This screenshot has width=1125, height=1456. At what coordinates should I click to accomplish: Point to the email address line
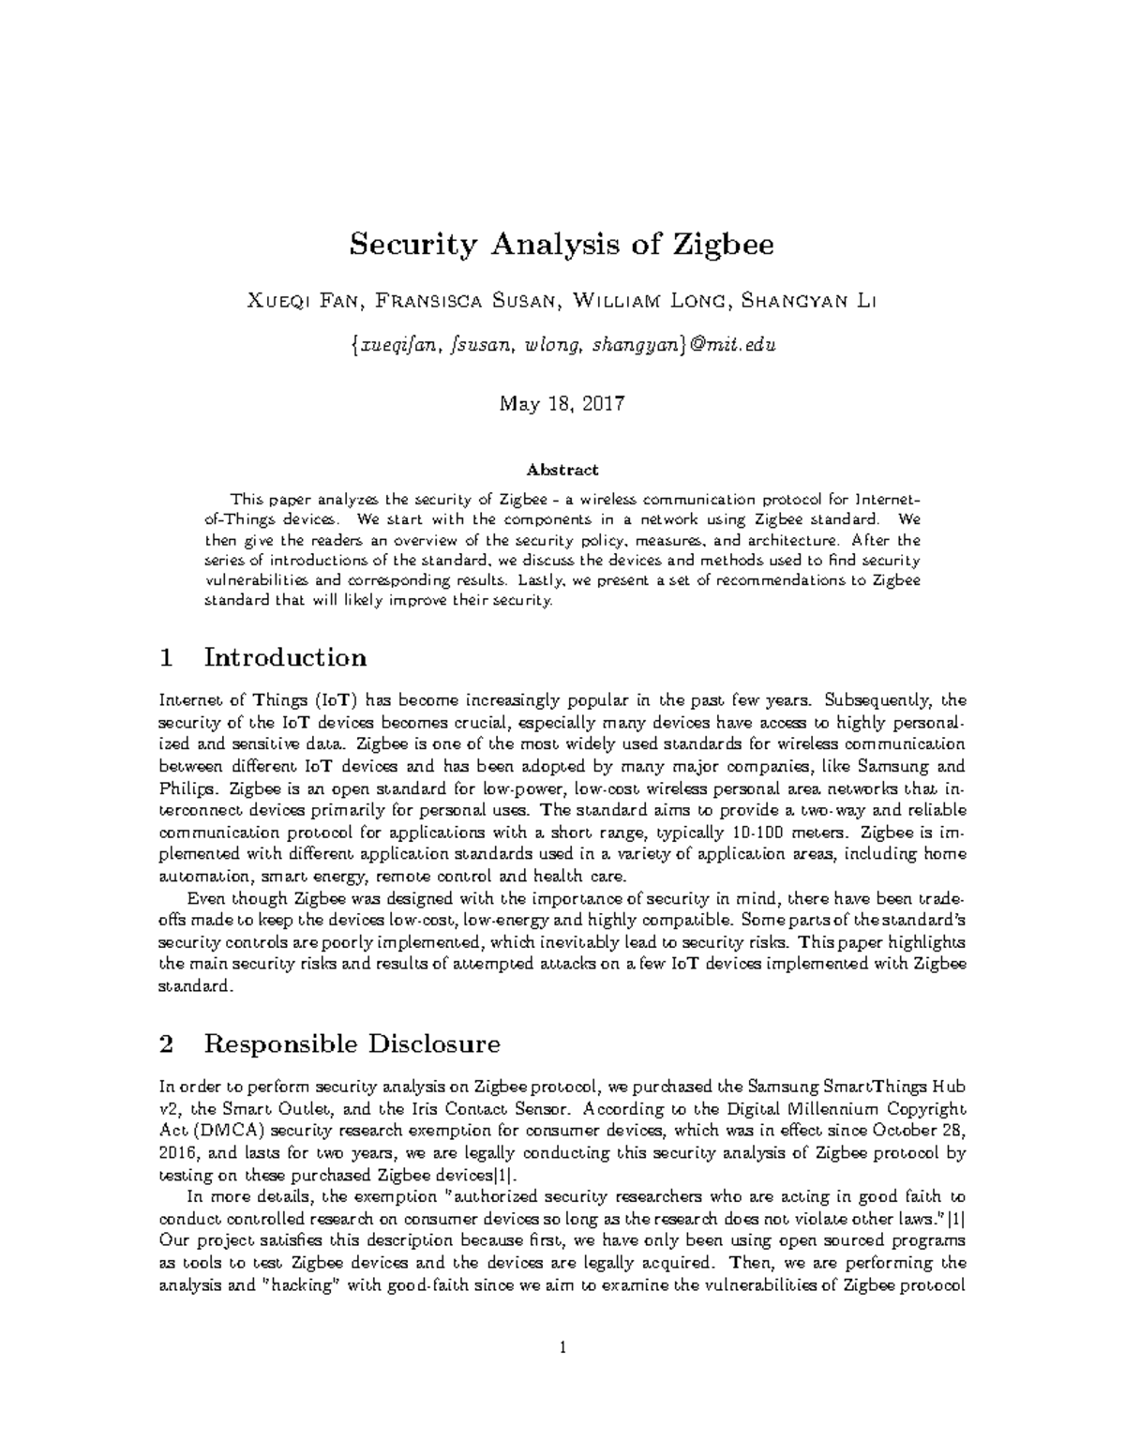pos(562,346)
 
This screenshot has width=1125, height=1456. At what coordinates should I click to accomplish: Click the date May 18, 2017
pos(562,404)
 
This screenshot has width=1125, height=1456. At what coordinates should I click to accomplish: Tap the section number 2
pos(168,1043)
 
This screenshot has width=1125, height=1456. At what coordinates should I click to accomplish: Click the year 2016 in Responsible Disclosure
pos(178,1153)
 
